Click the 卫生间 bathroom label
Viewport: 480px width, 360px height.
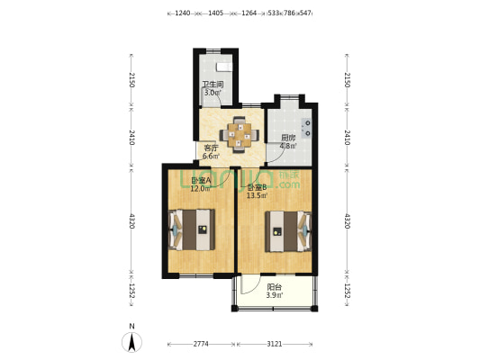pos(212,85)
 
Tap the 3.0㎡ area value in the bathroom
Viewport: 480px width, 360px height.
pos(212,93)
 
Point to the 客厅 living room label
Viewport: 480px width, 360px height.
pos(211,148)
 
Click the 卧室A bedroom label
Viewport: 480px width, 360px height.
pos(201,181)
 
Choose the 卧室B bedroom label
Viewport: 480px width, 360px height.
pos(257,187)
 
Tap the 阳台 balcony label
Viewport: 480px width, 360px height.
pos(273,287)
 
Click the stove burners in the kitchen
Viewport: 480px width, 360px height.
pos(308,128)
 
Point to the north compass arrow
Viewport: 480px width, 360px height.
pos(131,341)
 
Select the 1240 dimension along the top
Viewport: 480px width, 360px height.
pos(182,13)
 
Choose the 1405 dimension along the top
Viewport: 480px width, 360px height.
pos(215,13)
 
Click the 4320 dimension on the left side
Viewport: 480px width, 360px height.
pos(131,220)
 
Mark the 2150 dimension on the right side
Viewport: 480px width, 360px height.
pos(347,80)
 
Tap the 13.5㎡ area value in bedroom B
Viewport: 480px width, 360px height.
pos(258,195)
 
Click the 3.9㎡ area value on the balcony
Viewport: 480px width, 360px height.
pos(273,295)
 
